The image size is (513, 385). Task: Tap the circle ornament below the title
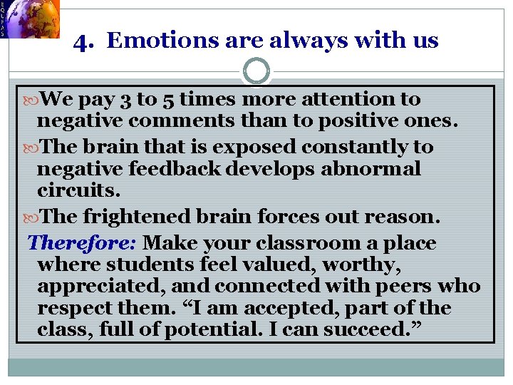pos(256,71)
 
